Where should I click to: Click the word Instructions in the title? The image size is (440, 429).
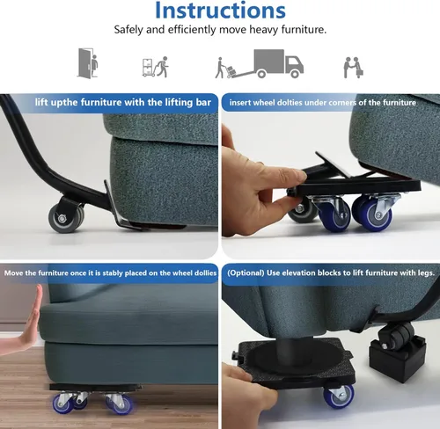point(220,11)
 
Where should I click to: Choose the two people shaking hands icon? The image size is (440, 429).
point(353,66)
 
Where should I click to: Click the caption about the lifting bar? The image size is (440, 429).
point(122,103)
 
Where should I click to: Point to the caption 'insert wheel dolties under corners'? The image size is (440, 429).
point(322,103)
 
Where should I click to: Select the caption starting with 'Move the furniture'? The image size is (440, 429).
point(110,273)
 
